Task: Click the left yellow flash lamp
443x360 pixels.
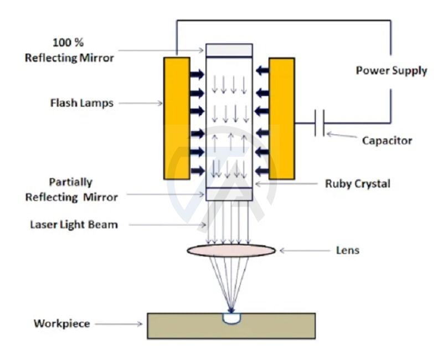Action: [177, 117]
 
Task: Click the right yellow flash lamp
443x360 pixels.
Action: [281, 117]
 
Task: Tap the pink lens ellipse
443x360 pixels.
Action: [231, 250]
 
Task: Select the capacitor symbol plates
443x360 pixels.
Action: [319, 123]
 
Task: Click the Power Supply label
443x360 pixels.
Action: [391, 70]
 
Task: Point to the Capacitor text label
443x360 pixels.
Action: [387, 141]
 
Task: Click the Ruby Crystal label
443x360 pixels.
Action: [357, 183]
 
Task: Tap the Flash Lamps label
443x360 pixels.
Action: [81, 102]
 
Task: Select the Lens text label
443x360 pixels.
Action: [348, 250]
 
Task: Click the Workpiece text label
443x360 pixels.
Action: [61, 323]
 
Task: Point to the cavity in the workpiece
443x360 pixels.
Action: [231, 318]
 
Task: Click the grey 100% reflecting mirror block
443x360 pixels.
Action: [229, 50]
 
